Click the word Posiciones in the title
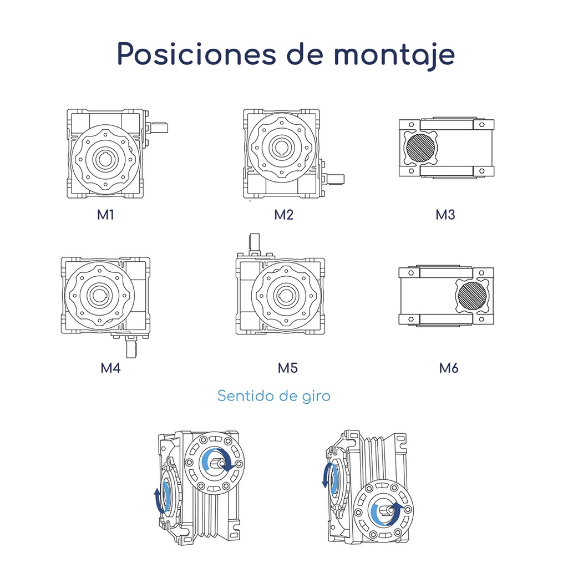(196, 54)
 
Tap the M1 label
(105, 215)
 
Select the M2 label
(283, 215)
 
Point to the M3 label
(445, 215)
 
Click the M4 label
(110, 368)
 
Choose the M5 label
(288, 368)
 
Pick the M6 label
(449, 368)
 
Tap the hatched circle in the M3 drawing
(420, 148)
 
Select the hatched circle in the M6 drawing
(472, 296)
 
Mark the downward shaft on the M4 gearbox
(131, 348)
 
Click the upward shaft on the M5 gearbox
(255, 243)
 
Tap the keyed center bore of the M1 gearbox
(105, 159)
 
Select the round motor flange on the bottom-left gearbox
(214, 463)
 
